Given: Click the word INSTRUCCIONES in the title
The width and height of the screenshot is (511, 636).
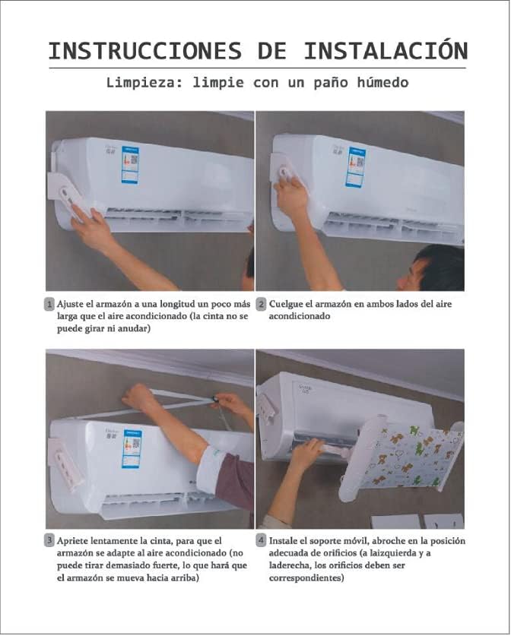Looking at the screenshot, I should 144,51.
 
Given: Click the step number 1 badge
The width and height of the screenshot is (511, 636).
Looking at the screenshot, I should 49,304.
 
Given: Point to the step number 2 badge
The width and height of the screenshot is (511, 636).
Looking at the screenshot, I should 261,304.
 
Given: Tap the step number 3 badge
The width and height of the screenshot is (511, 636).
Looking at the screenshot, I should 49,540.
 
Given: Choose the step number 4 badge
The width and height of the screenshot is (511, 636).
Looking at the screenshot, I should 261,540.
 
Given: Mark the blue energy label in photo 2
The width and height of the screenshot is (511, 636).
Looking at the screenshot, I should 355,166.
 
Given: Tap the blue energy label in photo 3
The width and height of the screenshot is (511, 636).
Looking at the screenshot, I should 132,448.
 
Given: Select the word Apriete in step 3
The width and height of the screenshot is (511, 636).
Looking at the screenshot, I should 75,540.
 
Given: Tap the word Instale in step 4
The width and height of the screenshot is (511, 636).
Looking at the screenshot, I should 286,540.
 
